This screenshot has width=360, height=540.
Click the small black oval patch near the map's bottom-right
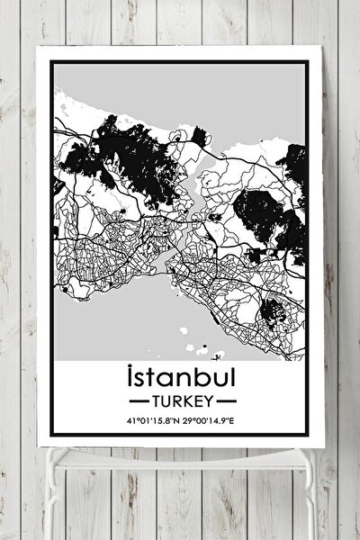pyautogui.click(x=273, y=312)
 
